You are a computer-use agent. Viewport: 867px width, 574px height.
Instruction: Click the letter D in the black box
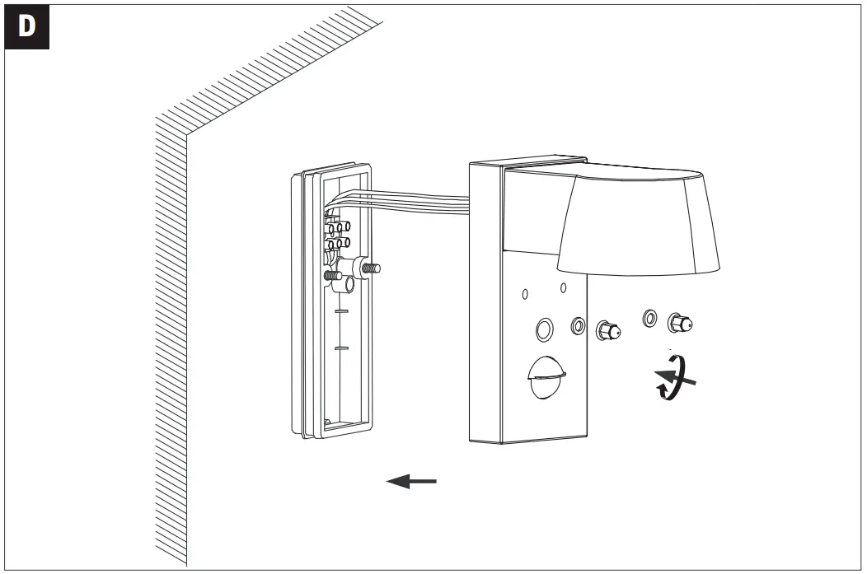pos(27,26)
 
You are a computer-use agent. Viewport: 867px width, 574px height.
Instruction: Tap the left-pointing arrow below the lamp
pos(411,482)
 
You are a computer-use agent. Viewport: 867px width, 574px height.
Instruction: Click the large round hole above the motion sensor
pos(544,330)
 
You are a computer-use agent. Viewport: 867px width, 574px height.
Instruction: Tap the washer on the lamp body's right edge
pos(578,328)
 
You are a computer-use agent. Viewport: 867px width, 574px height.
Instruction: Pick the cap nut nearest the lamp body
pos(607,330)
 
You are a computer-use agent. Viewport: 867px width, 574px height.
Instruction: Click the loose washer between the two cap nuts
pos(649,317)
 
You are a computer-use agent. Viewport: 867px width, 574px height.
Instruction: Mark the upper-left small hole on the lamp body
pos(524,293)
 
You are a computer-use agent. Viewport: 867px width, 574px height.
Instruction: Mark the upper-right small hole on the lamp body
pos(563,287)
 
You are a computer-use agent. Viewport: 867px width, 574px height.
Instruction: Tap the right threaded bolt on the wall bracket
pos(370,268)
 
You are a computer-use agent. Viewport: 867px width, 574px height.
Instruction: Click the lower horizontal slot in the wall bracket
pos(341,348)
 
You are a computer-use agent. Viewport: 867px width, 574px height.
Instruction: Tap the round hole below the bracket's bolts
pos(348,285)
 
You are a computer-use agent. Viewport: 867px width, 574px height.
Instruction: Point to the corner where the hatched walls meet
pos(186,137)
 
